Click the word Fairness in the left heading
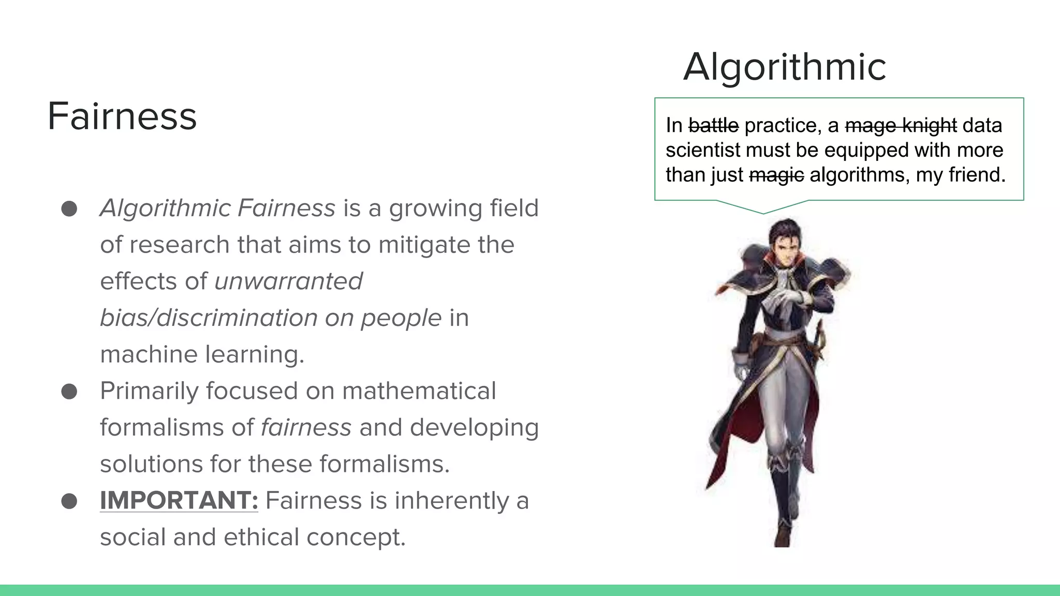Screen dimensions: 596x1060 pos(122,116)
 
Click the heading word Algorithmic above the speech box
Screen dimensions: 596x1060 pos(784,67)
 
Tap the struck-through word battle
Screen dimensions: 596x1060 pos(713,125)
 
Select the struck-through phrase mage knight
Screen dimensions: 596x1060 pos(901,125)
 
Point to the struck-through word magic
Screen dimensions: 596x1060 pos(776,175)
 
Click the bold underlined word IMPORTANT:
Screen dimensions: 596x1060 pos(179,500)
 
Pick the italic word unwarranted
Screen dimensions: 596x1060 pos(288,281)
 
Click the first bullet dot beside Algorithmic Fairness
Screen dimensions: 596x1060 pos(69,209)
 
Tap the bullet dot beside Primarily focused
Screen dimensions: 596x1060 pos(69,392)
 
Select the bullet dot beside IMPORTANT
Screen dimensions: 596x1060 pos(69,501)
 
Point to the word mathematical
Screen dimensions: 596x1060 pos(419,391)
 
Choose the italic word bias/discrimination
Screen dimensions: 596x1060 pos(208,318)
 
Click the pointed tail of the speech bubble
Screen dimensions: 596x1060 pos(763,211)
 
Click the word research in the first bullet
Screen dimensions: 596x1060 pos(179,245)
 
